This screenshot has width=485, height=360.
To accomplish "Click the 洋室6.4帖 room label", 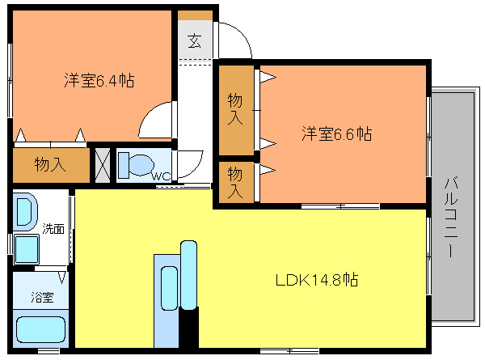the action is pyautogui.click(x=99, y=80).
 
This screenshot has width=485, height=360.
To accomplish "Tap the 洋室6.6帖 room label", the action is pyautogui.click(x=336, y=133).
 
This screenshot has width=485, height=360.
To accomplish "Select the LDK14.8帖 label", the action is pyautogui.click(x=317, y=280).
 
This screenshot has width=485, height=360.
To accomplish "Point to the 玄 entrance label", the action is pyautogui.click(x=195, y=40).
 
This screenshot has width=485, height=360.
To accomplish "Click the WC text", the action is pyautogui.click(x=161, y=176).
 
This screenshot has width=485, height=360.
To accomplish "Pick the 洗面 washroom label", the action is pyautogui.click(x=53, y=229).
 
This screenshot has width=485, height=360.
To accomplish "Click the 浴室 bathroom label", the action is pyautogui.click(x=42, y=297).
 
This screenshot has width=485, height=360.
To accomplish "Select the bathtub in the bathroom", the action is pyautogui.click(x=41, y=329).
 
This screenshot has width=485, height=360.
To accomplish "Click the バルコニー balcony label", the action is pyautogui.click(x=451, y=217).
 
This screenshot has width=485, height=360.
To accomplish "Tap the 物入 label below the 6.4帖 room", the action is pyautogui.click(x=50, y=164).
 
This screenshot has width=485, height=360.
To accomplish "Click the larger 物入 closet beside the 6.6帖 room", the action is pyautogui.click(x=236, y=110).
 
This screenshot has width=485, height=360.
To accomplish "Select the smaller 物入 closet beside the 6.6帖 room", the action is pyautogui.click(x=236, y=182).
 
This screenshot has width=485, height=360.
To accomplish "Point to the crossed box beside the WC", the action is pyautogui.click(x=103, y=165).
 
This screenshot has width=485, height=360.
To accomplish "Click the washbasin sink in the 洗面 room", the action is pyautogui.click(x=25, y=212).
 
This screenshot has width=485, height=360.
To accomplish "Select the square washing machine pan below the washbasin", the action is pyautogui.click(x=27, y=249).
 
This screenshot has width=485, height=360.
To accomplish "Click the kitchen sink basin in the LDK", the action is pyautogui.click(x=170, y=288).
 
